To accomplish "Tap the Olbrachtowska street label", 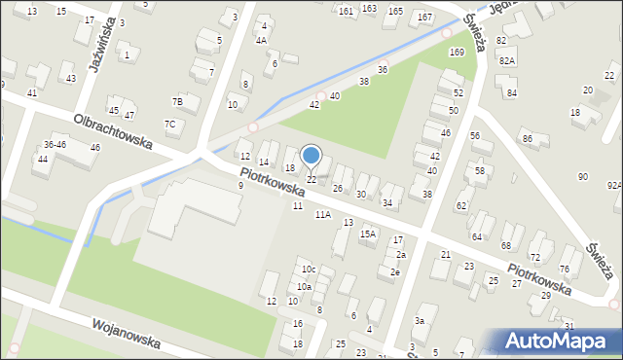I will point(113,129).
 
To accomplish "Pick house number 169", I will point(457,52).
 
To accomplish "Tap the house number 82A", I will point(506,60).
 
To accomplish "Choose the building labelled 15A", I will point(368,234).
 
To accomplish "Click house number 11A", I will point(322,214).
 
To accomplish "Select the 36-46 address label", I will point(55,144).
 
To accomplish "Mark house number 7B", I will point(178,102).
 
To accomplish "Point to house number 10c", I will point(308,270).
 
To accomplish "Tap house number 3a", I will point(420,320).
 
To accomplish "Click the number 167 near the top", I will point(424,18).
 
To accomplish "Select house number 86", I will point(528,140).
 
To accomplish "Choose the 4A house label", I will point(261,41).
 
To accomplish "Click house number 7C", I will point(169,124).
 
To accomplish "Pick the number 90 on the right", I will point(583,176).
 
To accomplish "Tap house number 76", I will point(565,269).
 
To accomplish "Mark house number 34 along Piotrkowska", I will point(387,202).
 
